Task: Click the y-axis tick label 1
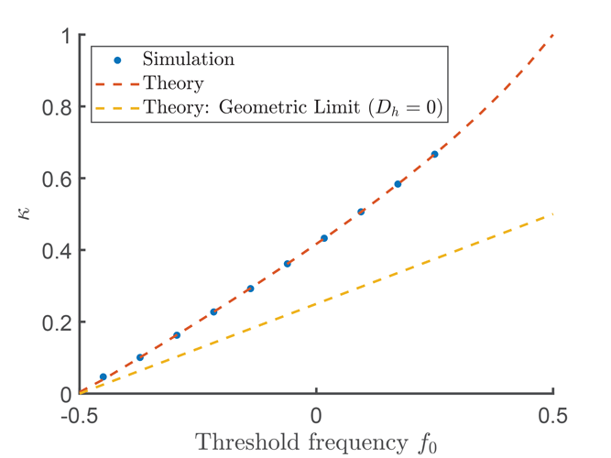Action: tap(64, 36)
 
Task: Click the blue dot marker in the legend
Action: tap(118, 60)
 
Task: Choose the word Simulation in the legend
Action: tap(189, 60)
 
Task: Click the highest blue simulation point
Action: tap(434, 154)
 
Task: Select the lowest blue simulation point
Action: tap(103, 376)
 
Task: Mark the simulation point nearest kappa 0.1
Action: tap(140, 357)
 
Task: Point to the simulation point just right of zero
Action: tap(324, 238)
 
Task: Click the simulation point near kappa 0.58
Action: tap(398, 184)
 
